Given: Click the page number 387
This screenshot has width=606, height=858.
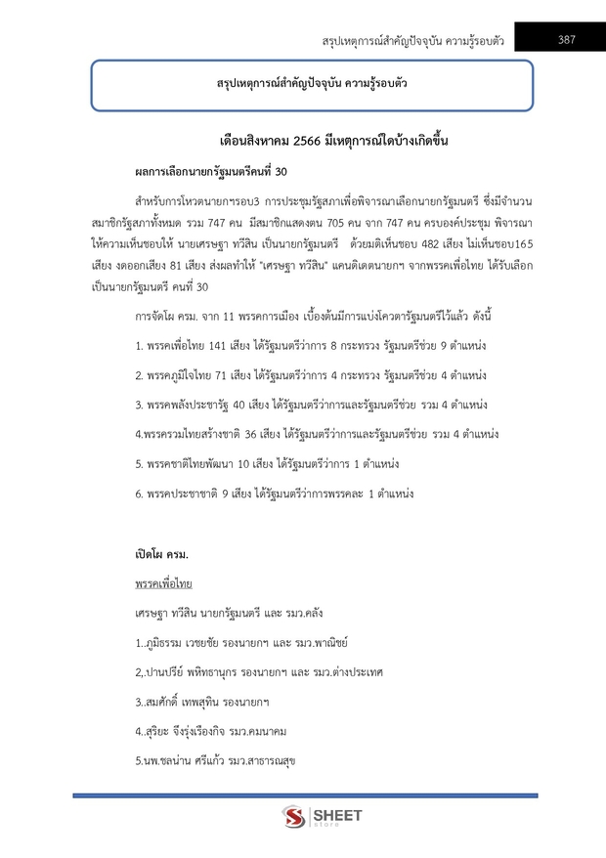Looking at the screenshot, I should click(x=566, y=40).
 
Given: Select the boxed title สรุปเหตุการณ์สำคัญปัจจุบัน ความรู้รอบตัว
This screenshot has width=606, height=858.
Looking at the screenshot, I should click(x=312, y=84).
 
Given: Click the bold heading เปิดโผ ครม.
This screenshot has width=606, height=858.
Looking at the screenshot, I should click(x=162, y=554).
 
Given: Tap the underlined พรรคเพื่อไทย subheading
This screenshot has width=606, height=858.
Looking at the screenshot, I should click(x=163, y=583).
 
